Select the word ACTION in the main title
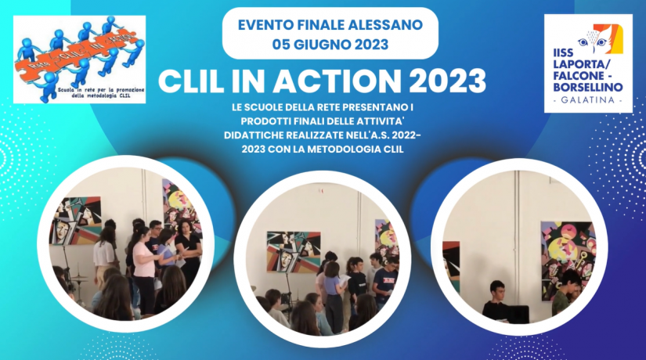tap(323, 81)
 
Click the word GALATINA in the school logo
tap(587, 102)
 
